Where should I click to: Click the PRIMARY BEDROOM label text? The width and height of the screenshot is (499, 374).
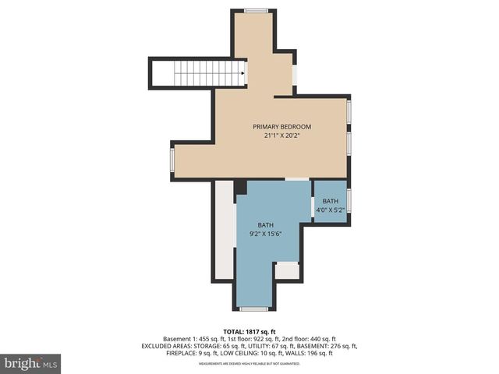[281, 126]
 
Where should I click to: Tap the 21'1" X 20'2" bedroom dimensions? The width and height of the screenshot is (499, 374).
[281, 136]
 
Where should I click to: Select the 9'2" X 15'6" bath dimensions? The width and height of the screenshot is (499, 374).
[265, 234]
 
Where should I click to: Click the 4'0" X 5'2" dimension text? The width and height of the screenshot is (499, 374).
[331, 210]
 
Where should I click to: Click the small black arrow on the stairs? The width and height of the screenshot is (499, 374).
[244, 75]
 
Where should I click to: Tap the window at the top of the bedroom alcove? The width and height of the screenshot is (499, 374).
[256, 11]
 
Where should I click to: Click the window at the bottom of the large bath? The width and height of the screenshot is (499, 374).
[254, 309]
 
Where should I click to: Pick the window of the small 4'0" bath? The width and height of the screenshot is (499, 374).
[349, 201]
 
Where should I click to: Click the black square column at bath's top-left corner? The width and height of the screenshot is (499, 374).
[240, 187]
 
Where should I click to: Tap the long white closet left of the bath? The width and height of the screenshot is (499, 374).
[224, 230]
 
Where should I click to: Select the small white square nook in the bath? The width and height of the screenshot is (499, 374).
[287, 270]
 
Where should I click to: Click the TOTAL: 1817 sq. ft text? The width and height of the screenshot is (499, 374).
[249, 330]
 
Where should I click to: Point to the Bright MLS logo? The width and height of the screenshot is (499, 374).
[31, 363]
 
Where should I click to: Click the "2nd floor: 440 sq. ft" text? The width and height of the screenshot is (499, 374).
[310, 339]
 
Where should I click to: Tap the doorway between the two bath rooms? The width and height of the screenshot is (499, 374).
[313, 206]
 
